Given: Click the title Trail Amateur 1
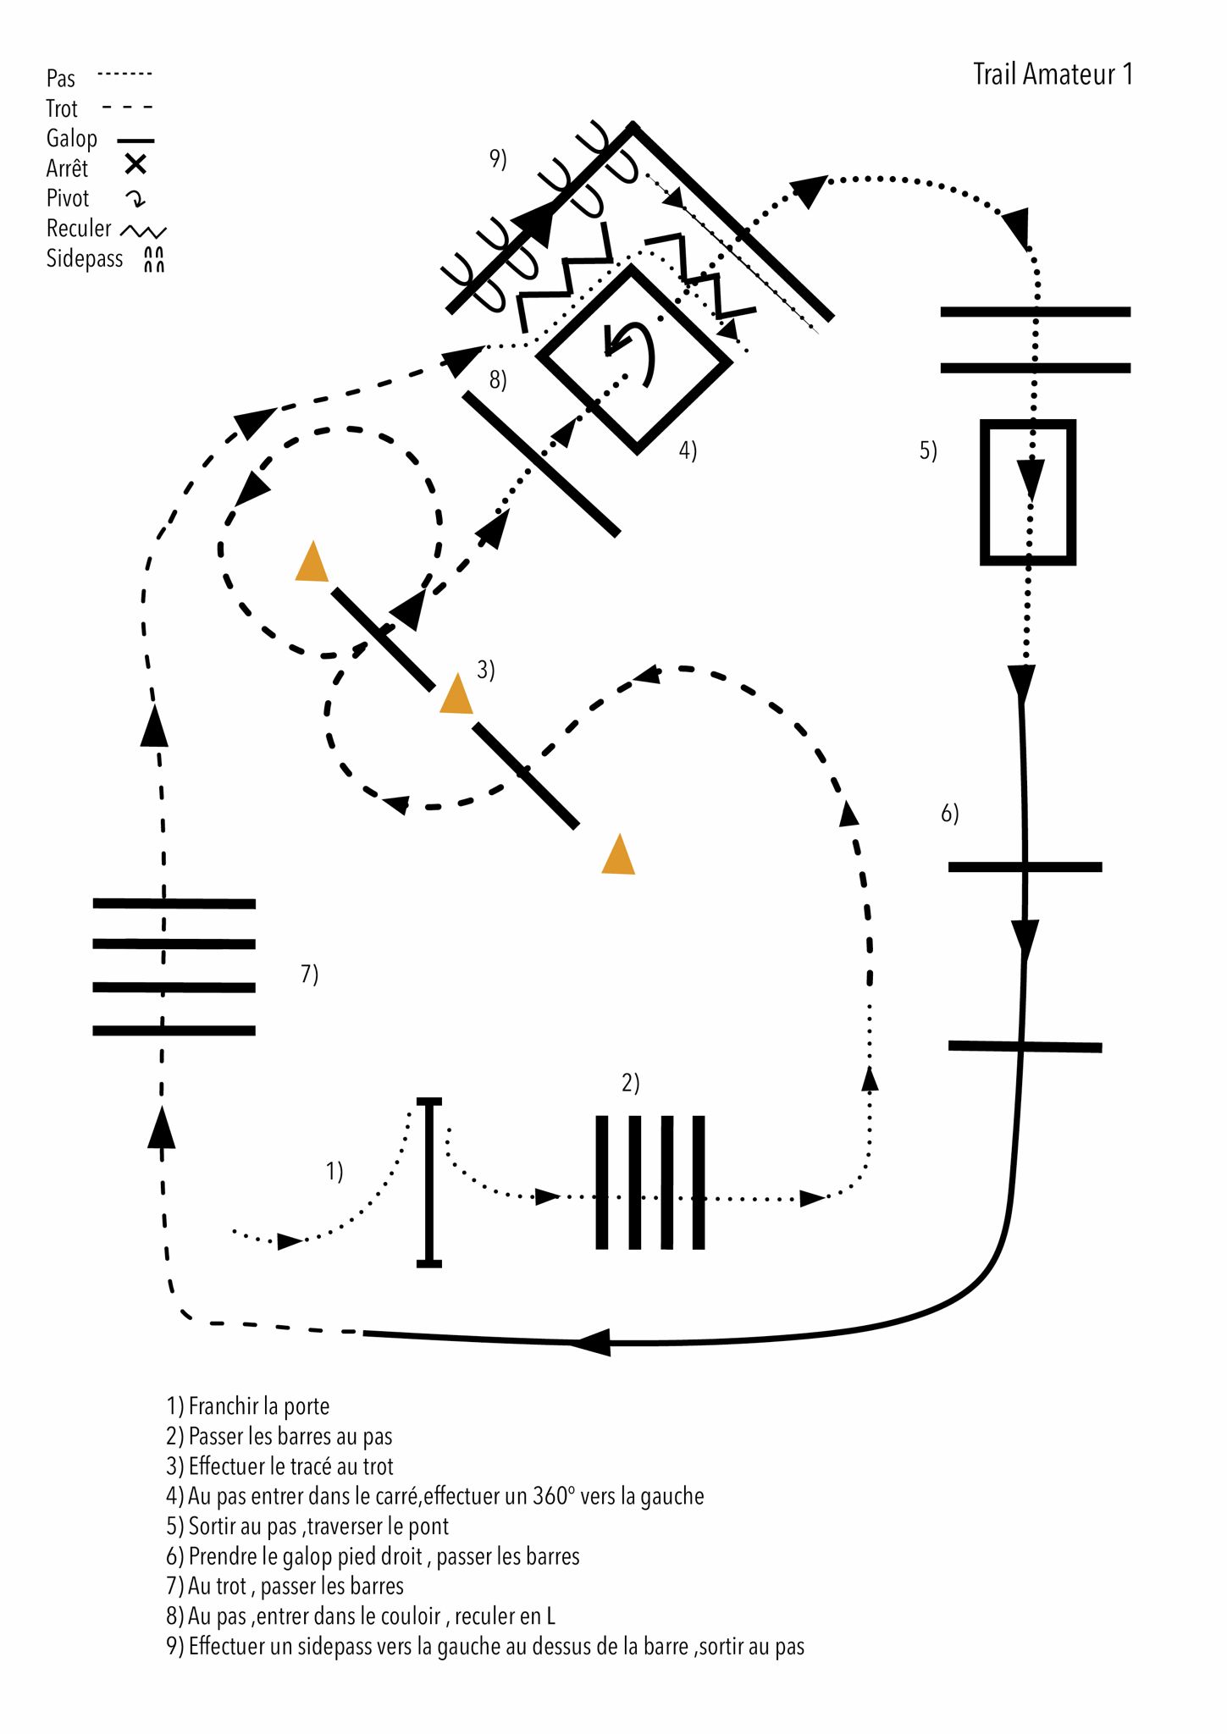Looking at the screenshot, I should pos(1052,75).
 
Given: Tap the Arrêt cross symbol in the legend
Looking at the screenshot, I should pos(135,164).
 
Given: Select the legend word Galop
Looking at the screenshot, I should pos(71,138).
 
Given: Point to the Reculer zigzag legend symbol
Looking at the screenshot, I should pos(143,230).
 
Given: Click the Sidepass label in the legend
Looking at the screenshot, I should pos(84,258).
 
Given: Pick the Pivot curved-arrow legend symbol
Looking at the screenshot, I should pos(135,199).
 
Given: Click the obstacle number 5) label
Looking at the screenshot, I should pos(928,450).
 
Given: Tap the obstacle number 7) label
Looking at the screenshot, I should pos(309,974).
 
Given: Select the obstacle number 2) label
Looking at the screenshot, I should pos(630,1082).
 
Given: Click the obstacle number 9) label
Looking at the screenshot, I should pos(498,158).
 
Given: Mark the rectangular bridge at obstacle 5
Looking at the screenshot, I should pos(1028,492).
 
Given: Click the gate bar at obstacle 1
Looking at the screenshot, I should pos(429,1182).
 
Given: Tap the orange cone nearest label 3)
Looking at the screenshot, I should pos(456,694).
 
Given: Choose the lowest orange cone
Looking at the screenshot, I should pos(618,854).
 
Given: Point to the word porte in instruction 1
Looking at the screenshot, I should pos(307,1406).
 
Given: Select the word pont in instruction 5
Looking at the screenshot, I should pos(428,1527).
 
